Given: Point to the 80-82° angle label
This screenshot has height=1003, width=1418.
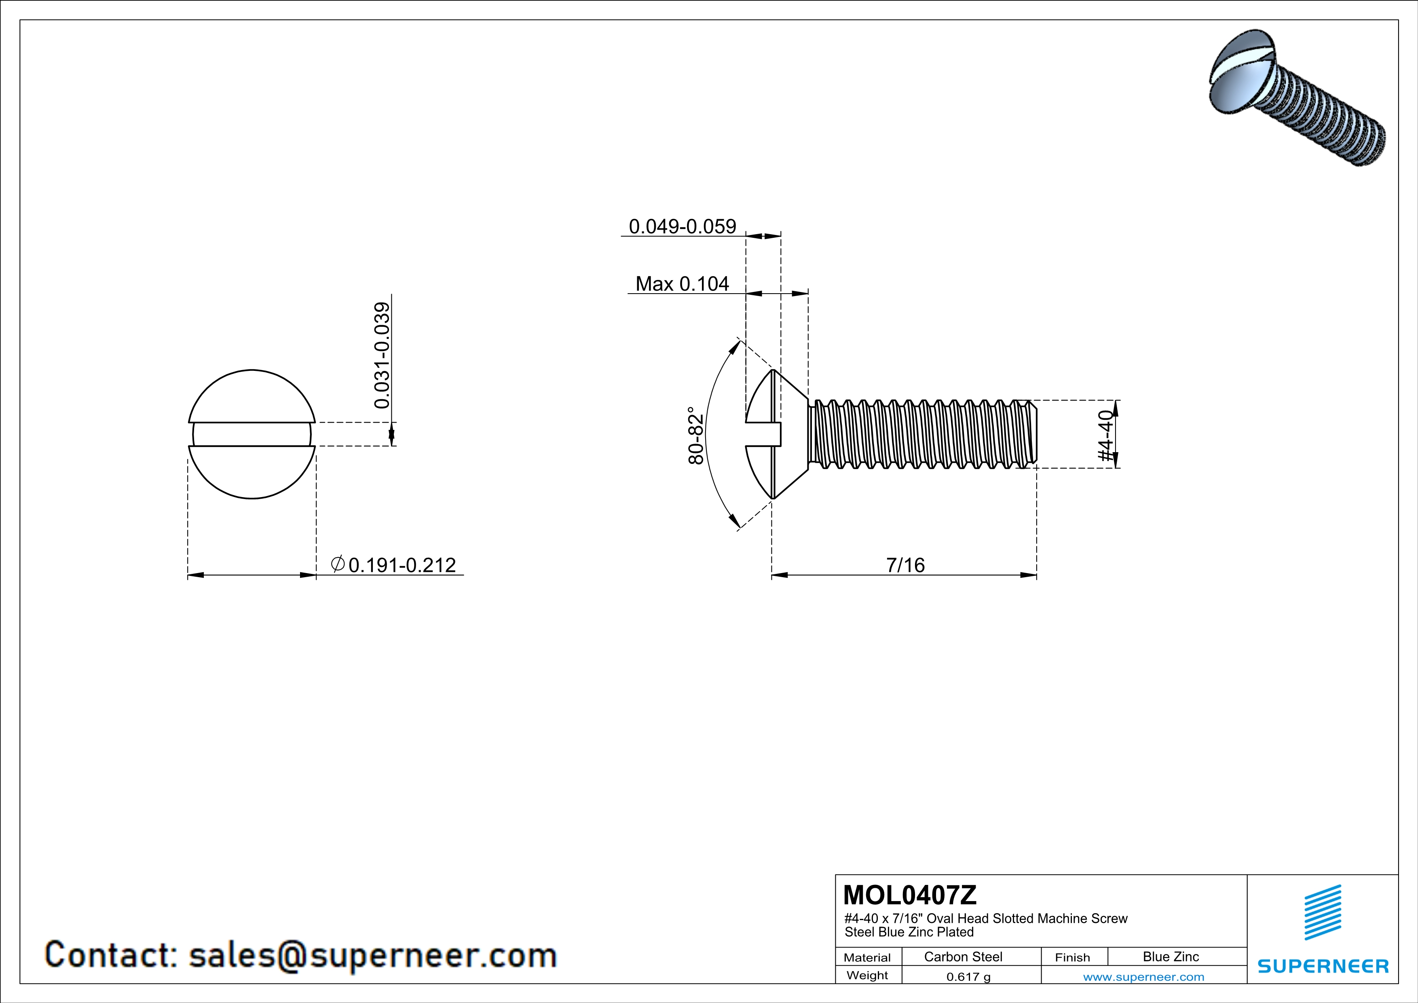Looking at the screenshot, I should tap(695, 436).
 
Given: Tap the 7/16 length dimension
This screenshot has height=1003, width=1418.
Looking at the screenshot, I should tap(905, 565).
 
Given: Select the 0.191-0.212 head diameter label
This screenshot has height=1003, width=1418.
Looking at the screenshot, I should tap(402, 565).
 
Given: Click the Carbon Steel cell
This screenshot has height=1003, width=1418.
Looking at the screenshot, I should tap(963, 956).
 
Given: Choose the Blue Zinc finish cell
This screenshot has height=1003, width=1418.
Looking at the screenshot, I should tap(1170, 956).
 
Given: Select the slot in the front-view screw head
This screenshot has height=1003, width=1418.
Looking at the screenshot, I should tap(252, 434).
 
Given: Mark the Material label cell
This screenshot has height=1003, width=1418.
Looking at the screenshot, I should tap(867, 957).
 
